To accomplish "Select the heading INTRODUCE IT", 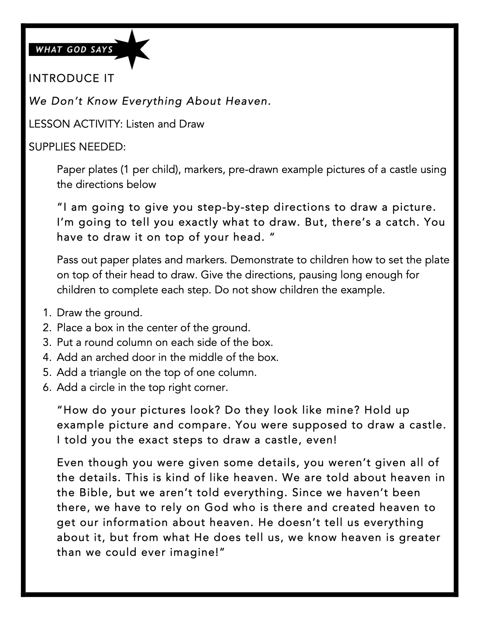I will pos(71,78).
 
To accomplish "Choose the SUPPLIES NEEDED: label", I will pos(77,147).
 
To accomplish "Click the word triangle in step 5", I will pos(108,373).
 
